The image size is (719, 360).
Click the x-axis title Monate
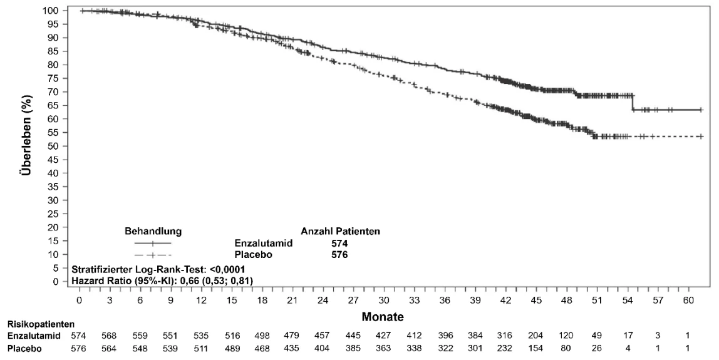[x=383, y=316]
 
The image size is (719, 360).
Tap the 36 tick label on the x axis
[x=445, y=300]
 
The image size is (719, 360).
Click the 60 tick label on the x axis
[x=688, y=300]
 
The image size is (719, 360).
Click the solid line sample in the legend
[x=153, y=243]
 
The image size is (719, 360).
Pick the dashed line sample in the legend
[x=153, y=255]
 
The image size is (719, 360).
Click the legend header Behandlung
[x=153, y=232]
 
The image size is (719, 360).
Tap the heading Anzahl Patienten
[x=340, y=232]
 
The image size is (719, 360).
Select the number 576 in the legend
[x=340, y=255]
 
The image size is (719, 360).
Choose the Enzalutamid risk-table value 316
[x=506, y=336]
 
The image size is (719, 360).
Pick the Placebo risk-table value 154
[x=536, y=349]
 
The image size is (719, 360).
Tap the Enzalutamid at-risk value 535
[x=201, y=336]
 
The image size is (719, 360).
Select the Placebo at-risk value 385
[x=353, y=349]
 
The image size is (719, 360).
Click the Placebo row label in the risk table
[x=25, y=349]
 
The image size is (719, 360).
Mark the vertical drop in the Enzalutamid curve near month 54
[x=633, y=103]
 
